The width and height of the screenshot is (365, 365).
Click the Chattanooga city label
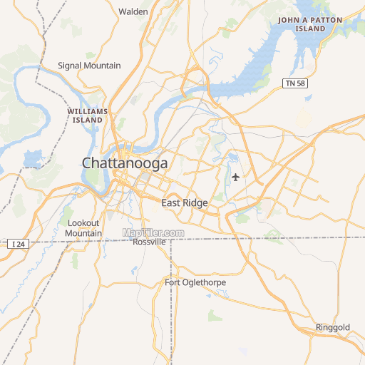[x=125, y=163]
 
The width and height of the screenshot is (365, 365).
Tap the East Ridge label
[x=184, y=203]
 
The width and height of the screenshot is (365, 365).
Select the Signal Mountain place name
[x=89, y=66]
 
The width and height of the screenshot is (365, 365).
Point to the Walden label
[x=133, y=11]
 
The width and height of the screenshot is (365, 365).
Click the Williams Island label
[x=87, y=116]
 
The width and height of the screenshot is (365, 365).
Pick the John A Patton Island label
[x=311, y=24]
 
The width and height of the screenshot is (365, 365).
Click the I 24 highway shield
[x=19, y=244]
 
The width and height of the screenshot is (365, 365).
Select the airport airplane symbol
[x=236, y=177]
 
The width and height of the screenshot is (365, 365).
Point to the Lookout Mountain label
[x=83, y=228]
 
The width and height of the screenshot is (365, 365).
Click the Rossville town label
[x=150, y=242]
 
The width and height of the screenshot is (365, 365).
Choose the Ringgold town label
[x=333, y=328]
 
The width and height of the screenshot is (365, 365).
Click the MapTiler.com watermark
[x=153, y=232]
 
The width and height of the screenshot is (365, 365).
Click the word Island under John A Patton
[x=311, y=29]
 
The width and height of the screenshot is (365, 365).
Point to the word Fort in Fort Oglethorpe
[x=172, y=283]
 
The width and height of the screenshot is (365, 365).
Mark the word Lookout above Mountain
[x=83, y=223]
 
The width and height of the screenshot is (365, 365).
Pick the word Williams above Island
[x=87, y=112]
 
